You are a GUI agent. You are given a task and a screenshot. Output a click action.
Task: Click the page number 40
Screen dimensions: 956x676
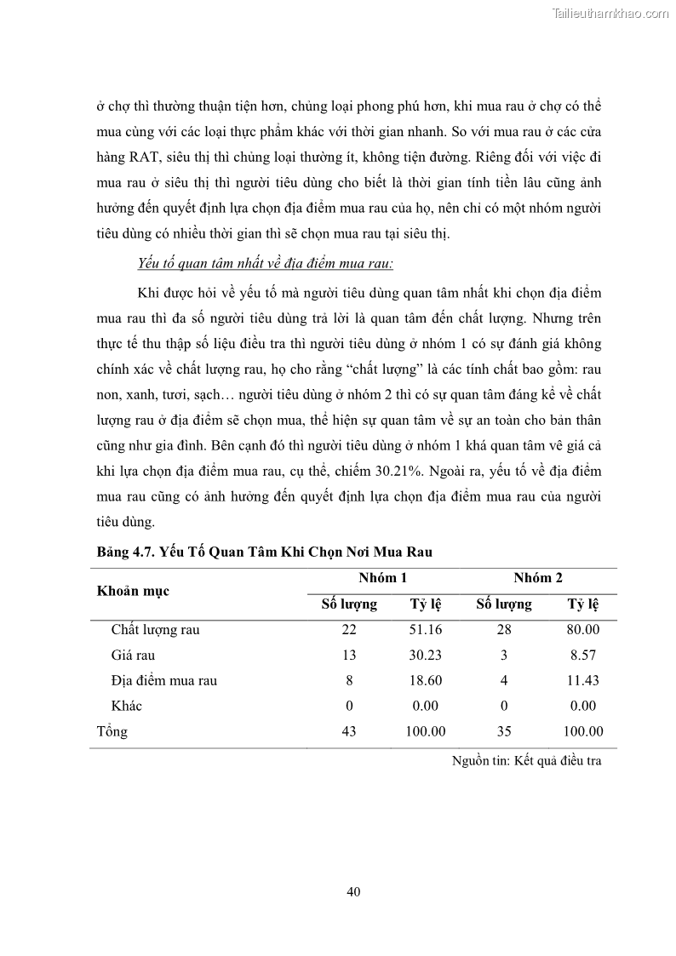tap(354, 891)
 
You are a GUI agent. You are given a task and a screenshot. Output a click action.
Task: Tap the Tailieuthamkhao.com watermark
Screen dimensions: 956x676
tap(611, 13)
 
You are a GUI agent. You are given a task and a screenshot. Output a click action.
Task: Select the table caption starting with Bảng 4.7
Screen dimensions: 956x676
tap(265, 552)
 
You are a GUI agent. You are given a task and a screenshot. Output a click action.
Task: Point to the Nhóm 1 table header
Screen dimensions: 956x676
tap(382, 578)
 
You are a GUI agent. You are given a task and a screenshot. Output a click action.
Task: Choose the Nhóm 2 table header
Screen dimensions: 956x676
tap(537, 578)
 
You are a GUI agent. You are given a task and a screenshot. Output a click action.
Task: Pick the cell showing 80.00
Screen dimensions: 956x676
tap(583, 630)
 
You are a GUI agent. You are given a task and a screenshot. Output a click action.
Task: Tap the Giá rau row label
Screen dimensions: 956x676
tap(133, 655)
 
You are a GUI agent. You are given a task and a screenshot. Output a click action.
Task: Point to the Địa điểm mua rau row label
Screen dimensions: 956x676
tap(163, 680)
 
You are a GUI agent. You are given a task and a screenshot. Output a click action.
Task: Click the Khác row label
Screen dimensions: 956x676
tap(127, 706)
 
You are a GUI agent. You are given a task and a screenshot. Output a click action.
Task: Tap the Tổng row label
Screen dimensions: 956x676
tap(112, 731)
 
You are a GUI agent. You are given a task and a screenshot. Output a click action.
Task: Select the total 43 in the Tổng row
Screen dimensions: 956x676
tap(347, 731)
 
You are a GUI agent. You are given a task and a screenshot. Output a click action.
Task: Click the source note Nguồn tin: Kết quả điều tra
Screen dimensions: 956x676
tap(526, 761)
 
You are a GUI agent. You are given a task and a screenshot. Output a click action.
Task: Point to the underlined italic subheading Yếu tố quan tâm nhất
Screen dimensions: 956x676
tap(266, 264)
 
